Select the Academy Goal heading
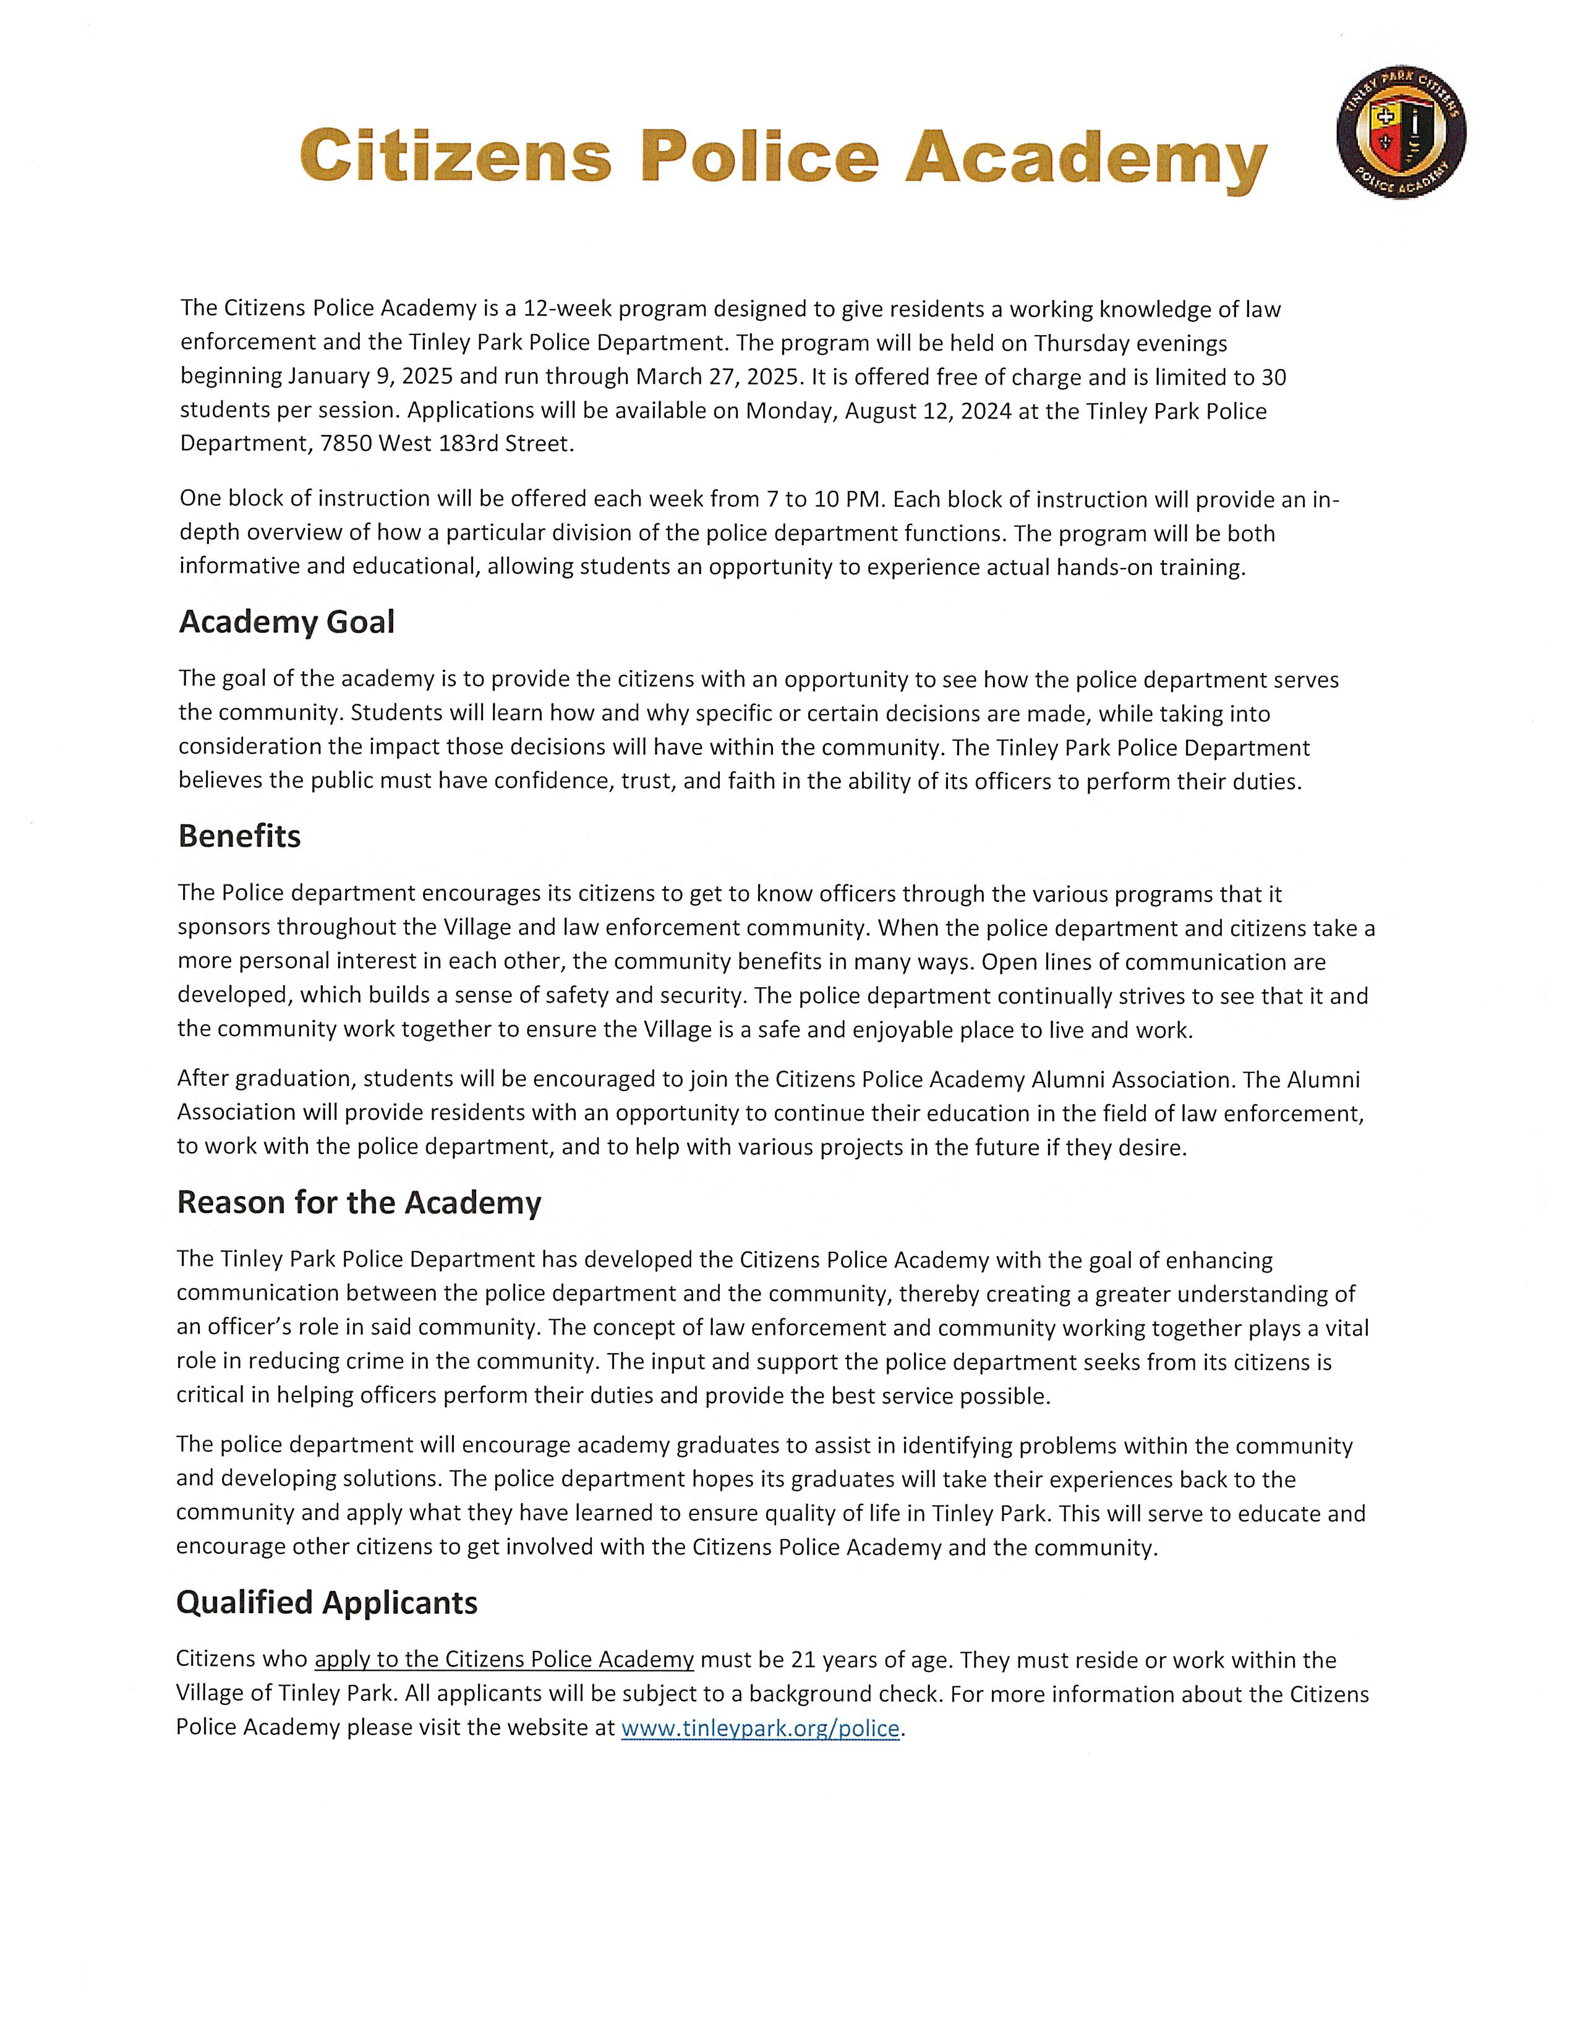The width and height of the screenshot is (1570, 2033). click(287, 622)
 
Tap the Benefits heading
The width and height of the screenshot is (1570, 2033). click(239, 836)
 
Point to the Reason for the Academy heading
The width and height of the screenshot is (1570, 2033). click(359, 1203)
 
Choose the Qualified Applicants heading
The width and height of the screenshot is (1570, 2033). click(327, 1603)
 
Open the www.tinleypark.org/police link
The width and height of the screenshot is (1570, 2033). click(760, 1729)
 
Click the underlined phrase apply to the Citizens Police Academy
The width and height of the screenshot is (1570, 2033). click(504, 1660)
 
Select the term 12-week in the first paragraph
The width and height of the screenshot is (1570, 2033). click(566, 309)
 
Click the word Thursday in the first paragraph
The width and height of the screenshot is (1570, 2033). click(1081, 344)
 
